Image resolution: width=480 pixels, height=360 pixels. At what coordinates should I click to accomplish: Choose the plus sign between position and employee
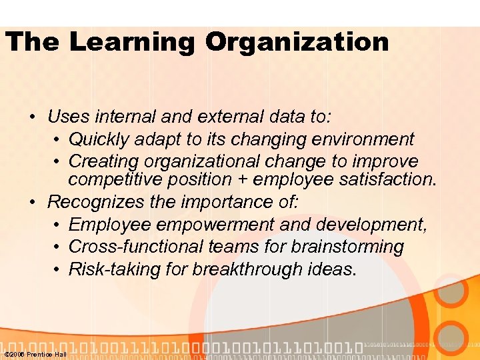244,179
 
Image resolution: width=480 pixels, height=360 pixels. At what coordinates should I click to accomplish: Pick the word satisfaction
390,179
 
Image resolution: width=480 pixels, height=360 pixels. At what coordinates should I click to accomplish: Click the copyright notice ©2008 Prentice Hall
35,354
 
